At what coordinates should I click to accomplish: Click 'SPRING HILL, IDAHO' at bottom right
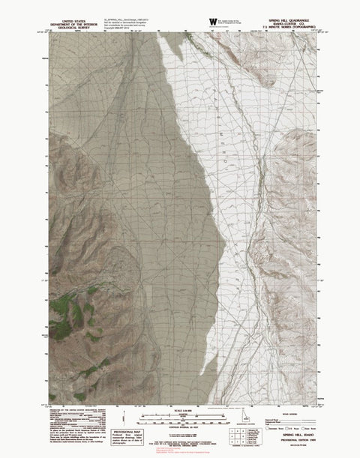click(304, 433)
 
